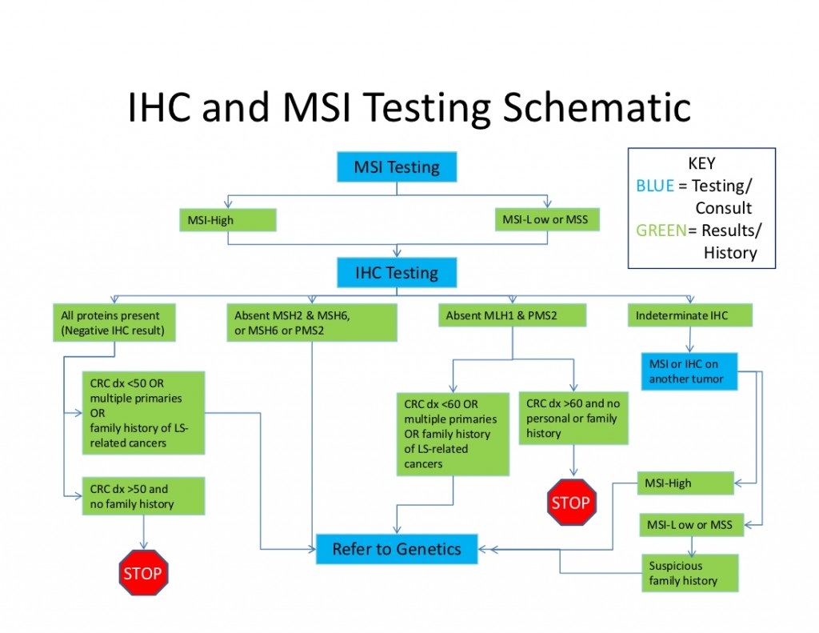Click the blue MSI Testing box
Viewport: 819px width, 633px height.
397,167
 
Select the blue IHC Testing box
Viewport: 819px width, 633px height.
397,273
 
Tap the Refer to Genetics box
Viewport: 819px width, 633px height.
397,549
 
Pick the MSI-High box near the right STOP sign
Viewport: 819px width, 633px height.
686,483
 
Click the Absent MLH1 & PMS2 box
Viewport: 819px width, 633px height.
512,315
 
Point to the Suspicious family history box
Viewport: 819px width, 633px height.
689,573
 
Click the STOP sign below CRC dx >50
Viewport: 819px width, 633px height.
143,573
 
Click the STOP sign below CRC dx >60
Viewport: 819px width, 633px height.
571,503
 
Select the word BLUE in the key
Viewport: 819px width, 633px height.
655,186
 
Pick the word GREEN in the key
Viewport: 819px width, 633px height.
661,230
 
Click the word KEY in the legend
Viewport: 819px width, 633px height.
701,164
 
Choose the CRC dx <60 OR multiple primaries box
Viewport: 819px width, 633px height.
453,434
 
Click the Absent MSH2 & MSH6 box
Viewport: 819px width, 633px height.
312,323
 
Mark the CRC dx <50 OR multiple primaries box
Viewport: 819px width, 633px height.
143,413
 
